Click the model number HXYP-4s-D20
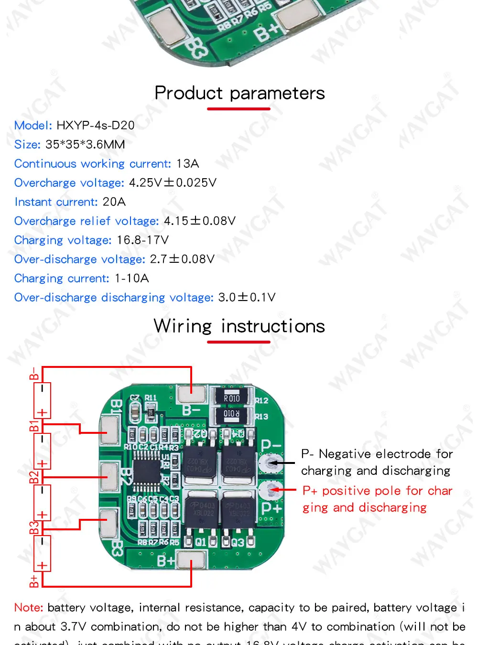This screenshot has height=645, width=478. [x=96, y=125]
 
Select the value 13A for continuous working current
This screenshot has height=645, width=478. [x=187, y=163]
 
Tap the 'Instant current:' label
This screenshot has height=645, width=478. [x=56, y=202]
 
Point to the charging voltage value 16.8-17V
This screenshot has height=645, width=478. [x=142, y=240]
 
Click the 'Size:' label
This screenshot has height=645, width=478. [x=27, y=144]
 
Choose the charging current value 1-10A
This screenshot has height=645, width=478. [x=131, y=278]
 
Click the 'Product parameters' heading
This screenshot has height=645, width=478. [x=239, y=93]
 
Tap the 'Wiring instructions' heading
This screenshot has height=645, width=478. [x=239, y=326]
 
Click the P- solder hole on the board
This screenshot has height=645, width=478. [x=272, y=463]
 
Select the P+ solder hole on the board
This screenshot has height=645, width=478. [x=272, y=489]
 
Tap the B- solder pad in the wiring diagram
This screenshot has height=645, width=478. [x=191, y=395]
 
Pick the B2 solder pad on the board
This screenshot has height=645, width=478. [x=109, y=476]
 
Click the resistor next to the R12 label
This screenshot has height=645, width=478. [x=232, y=398]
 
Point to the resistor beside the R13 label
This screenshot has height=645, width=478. [x=232, y=414]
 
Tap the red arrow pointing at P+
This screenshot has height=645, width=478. [x=286, y=490]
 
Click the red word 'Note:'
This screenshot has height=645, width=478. [x=29, y=608]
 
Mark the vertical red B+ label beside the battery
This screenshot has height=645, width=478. [x=34, y=580]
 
